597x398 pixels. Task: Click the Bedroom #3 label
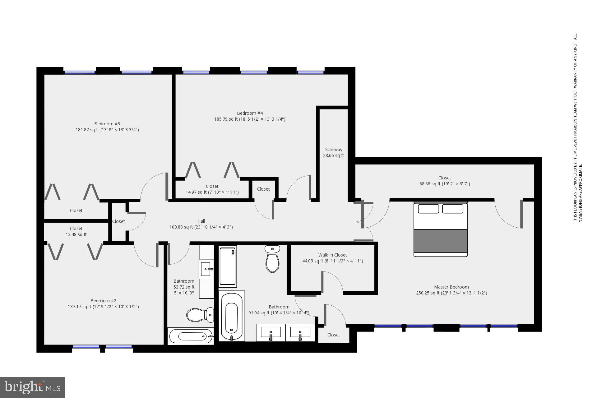[x=107, y=124]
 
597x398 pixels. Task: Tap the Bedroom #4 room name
[x=250, y=113]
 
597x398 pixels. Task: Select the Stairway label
[x=334, y=150]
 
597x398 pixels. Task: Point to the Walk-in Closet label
[x=332, y=255]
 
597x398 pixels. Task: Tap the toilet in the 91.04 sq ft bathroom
[x=272, y=259]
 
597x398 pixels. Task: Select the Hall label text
[x=201, y=221]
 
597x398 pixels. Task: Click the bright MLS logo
[x=32, y=387]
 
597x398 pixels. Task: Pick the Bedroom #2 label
[x=103, y=301]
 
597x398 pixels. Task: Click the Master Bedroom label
[x=451, y=287]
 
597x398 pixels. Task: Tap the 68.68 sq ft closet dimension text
[x=444, y=184]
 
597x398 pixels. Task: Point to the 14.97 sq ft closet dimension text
[x=212, y=192]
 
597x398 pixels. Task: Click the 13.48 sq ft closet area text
[x=76, y=234]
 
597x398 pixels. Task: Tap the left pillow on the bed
[x=428, y=209]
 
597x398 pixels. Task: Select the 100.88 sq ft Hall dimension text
[x=201, y=227]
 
